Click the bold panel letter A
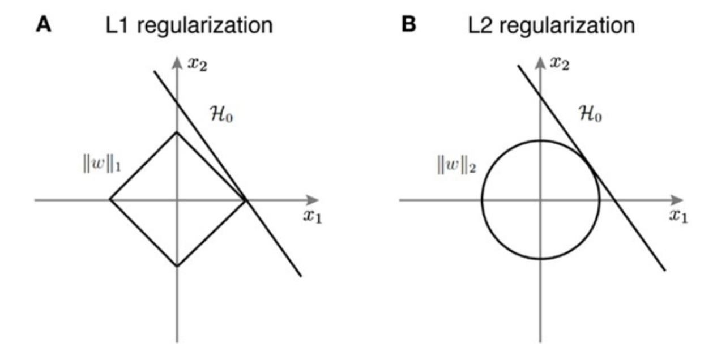tap(44, 25)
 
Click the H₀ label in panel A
tap(220, 117)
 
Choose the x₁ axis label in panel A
tap(312, 218)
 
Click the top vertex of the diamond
tap(177, 132)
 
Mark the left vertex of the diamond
tap(109, 200)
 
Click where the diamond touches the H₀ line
tap(245, 200)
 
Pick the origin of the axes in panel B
tap(540, 200)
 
